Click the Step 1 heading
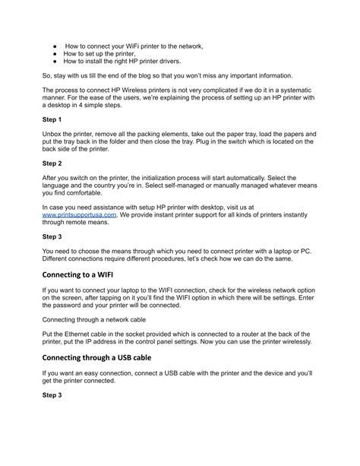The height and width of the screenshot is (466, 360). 52,119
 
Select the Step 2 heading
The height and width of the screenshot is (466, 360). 52,163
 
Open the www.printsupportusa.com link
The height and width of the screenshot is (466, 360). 79,214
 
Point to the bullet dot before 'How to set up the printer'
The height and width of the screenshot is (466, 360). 55,54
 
